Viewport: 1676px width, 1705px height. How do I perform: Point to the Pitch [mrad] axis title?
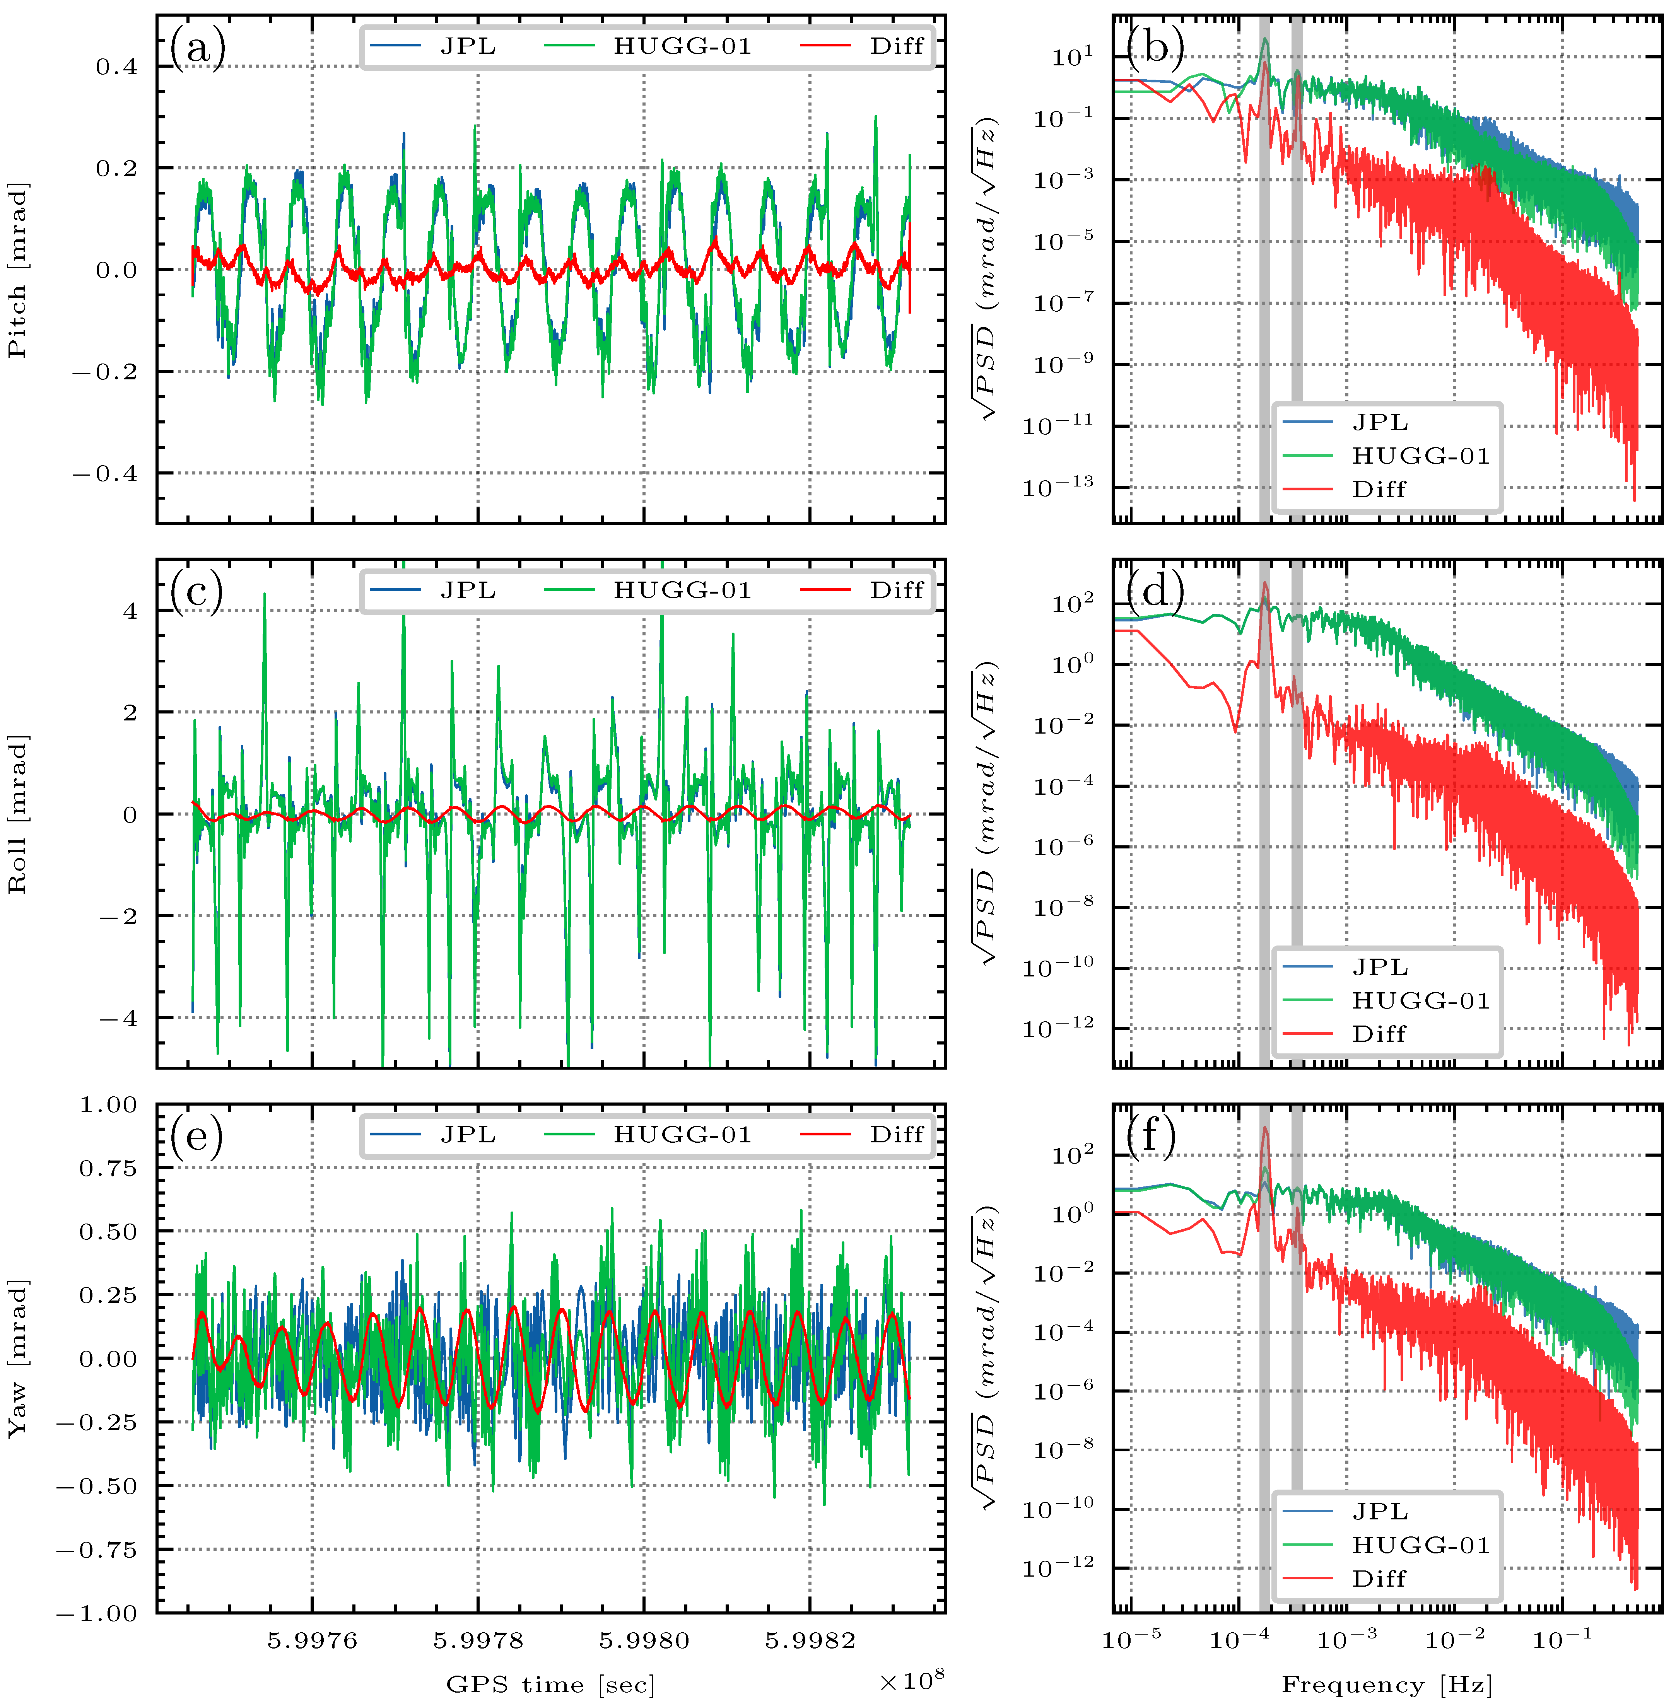(18, 270)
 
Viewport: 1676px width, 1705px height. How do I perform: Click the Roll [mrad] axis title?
(18, 814)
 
